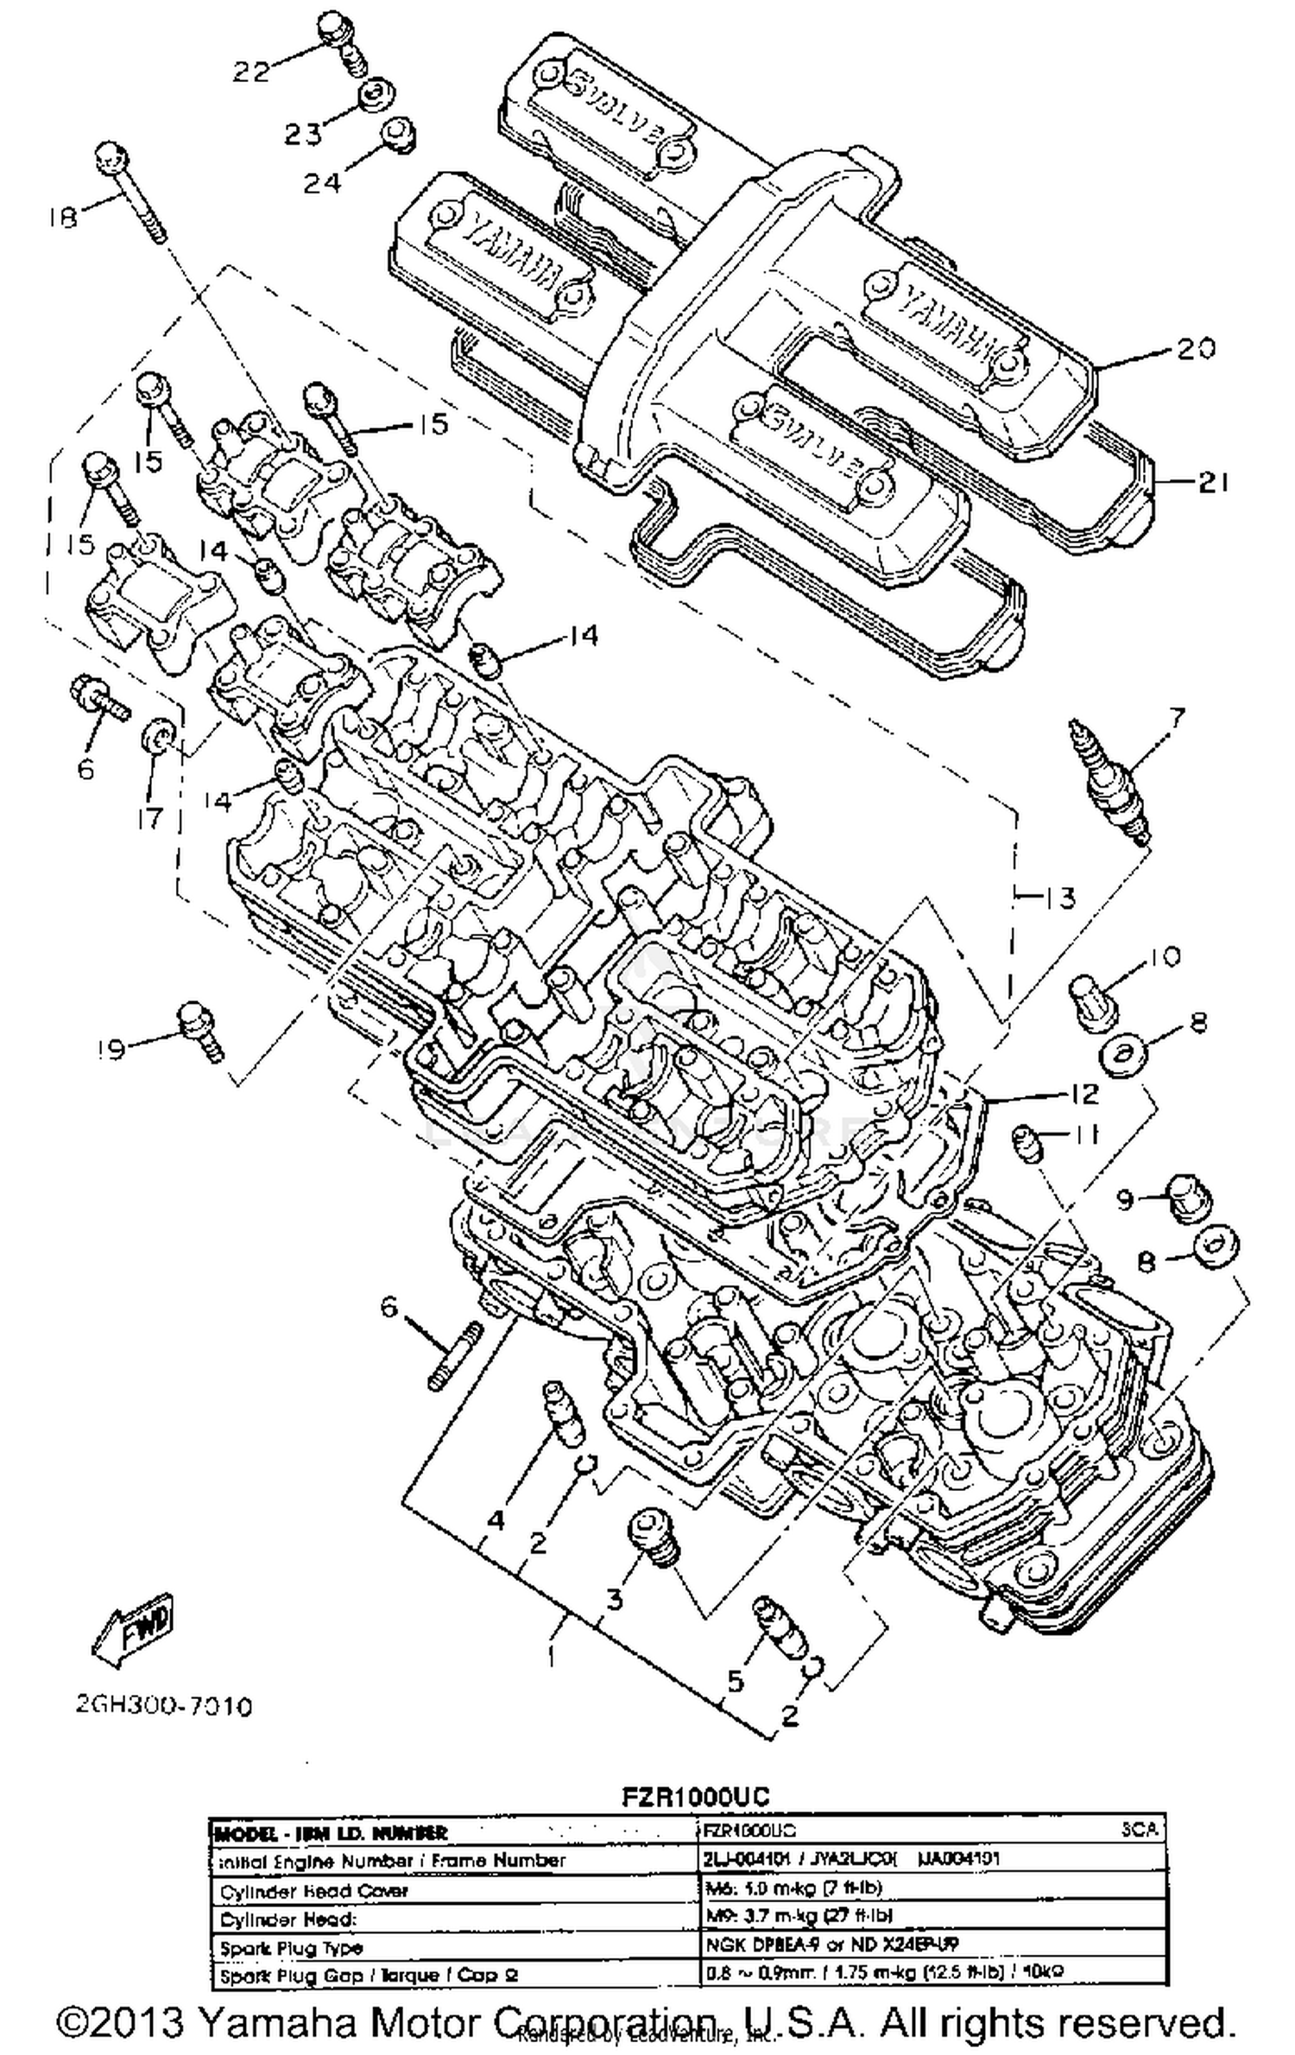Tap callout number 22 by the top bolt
pyautogui.click(x=251, y=72)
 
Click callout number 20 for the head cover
pyautogui.click(x=1195, y=348)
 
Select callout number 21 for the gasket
pyautogui.click(x=1212, y=483)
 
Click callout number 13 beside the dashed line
pyautogui.click(x=1057, y=898)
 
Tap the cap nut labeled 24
pyautogui.click(x=400, y=136)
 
